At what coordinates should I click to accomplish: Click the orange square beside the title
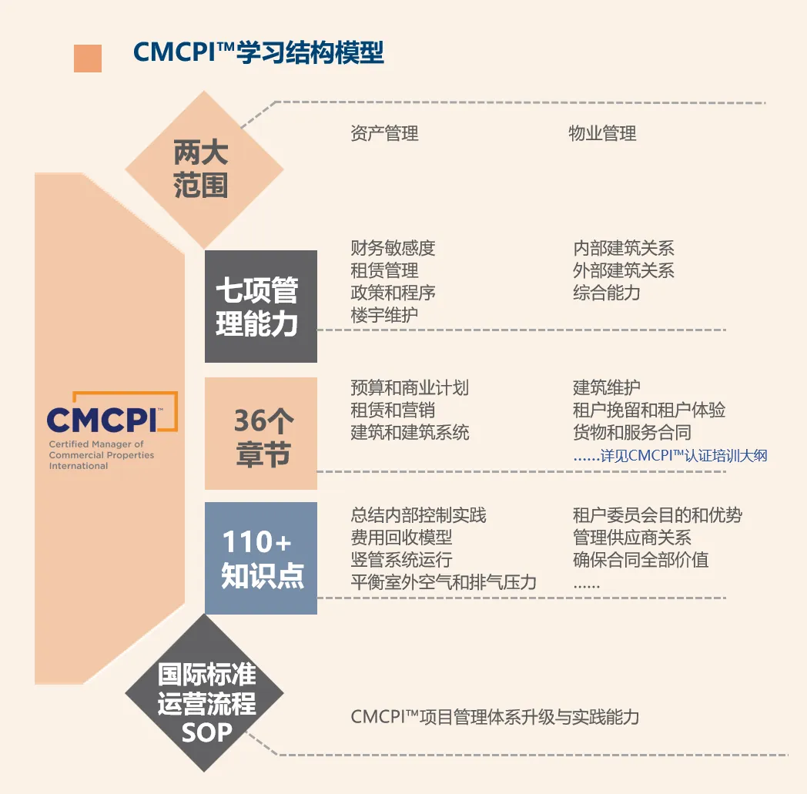(88, 59)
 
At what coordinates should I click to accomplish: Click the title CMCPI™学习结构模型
(258, 52)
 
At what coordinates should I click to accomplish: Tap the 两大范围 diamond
(200, 169)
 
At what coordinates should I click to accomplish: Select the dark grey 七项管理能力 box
(260, 307)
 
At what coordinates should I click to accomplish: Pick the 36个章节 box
(260, 434)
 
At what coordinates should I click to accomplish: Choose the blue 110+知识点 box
(260, 558)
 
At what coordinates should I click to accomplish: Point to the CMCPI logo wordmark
(102, 419)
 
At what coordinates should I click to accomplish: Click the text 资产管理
(384, 133)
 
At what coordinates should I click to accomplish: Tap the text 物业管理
(602, 133)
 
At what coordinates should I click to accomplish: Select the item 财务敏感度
(393, 248)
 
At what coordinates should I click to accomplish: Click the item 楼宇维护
(384, 315)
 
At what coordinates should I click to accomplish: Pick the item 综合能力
(606, 293)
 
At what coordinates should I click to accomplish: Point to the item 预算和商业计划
(410, 387)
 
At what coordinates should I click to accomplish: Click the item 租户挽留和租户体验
(648, 410)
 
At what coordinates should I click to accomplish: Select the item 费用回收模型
(401, 538)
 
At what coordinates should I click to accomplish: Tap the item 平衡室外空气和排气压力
(444, 582)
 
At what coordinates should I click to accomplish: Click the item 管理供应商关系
(631, 538)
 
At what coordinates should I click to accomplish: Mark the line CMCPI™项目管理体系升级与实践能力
(495, 717)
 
